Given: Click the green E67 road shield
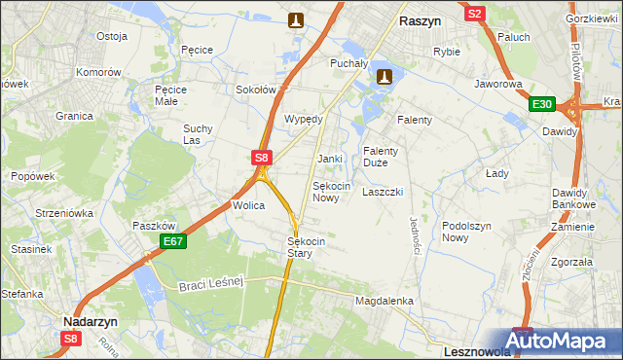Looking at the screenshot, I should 173,240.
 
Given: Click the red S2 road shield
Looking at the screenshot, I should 475,14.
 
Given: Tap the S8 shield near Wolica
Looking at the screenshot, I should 261,156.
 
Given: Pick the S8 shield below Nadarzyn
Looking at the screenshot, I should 71,339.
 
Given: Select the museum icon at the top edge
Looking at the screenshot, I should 297,18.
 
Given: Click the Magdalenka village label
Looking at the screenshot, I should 385,302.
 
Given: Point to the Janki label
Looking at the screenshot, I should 329,158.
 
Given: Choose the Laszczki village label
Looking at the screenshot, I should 383,192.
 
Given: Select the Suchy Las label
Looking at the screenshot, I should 198,134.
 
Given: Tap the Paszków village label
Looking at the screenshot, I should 153,225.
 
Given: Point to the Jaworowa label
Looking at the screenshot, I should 499,84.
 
